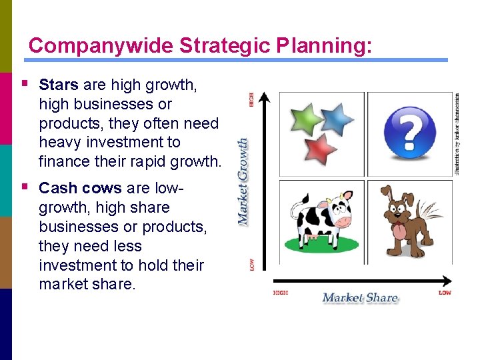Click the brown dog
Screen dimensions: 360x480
(x=409, y=221)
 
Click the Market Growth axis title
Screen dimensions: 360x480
(x=244, y=180)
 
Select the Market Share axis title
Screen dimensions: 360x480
(x=360, y=297)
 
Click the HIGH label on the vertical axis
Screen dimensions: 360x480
(x=251, y=99)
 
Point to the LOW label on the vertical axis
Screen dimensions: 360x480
(x=251, y=265)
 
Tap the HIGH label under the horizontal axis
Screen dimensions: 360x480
(x=281, y=293)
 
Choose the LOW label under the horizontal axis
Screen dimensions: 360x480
(x=445, y=293)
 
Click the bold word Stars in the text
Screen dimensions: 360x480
(x=59, y=85)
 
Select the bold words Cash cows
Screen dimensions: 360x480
(x=80, y=189)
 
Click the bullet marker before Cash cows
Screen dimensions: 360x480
(x=25, y=187)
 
